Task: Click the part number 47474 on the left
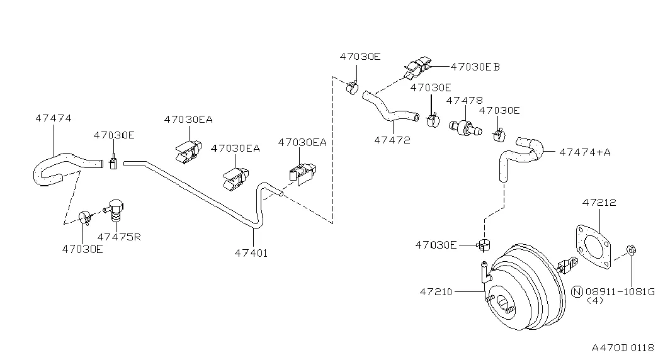(x=54, y=118)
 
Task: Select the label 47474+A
(x=584, y=152)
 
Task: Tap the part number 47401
(x=251, y=253)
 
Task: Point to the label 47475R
(x=119, y=237)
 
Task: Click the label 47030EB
(x=475, y=67)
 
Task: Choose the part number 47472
(x=392, y=140)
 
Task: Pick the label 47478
(x=465, y=101)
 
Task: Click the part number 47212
(x=599, y=203)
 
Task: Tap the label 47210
(x=436, y=291)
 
